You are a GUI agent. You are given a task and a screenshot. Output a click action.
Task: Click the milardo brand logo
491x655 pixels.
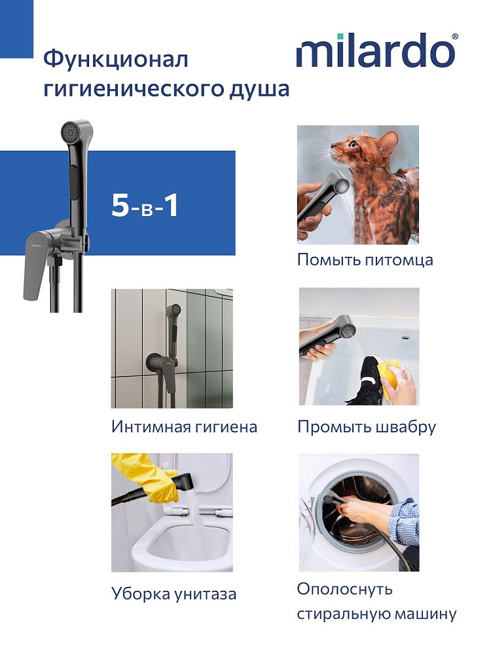click(x=376, y=50)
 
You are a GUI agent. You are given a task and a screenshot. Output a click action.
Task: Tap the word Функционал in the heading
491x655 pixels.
click(x=116, y=60)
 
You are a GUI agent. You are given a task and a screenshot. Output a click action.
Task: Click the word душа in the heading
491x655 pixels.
click(x=259, y=89)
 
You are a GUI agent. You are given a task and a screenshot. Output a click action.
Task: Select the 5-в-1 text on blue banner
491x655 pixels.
click(x=145, y=206)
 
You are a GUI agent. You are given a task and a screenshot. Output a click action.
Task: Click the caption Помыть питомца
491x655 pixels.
click(x=365, y=260)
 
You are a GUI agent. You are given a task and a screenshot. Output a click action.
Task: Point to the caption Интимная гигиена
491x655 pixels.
click(x=184, y=427)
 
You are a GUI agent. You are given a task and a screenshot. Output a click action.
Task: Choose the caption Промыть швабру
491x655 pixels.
click(x=367, y=427)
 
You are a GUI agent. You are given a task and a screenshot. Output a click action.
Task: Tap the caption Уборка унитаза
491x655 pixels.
click(x=173, y=594)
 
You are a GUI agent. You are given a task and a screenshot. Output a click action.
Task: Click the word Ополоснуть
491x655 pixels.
click(x=345, y=589)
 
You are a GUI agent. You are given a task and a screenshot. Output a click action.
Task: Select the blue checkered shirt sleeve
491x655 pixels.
click(x=403, y=521)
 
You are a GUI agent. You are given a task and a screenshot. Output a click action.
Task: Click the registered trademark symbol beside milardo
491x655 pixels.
click(x=455, y=37)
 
